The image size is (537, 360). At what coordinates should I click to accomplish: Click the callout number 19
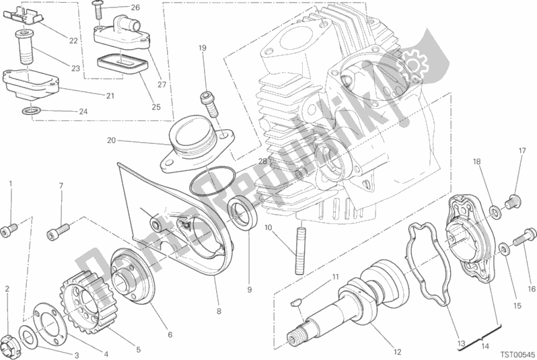point(203,48)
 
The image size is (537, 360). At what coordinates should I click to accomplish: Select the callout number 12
point(397,352)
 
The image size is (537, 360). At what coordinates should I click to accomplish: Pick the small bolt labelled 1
point(9,229)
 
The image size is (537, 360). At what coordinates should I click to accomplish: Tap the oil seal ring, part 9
point(242,213)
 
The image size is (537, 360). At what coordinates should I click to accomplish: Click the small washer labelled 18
point(495,212)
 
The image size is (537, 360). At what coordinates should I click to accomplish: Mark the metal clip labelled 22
point(24,17)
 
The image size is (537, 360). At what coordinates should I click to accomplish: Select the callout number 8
point(219,311)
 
